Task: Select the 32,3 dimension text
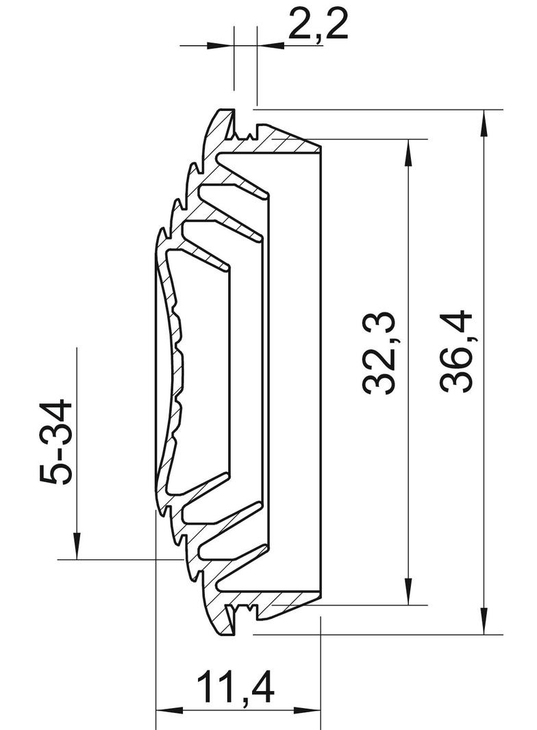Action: [379, 353]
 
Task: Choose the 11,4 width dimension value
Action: [236, 689]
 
